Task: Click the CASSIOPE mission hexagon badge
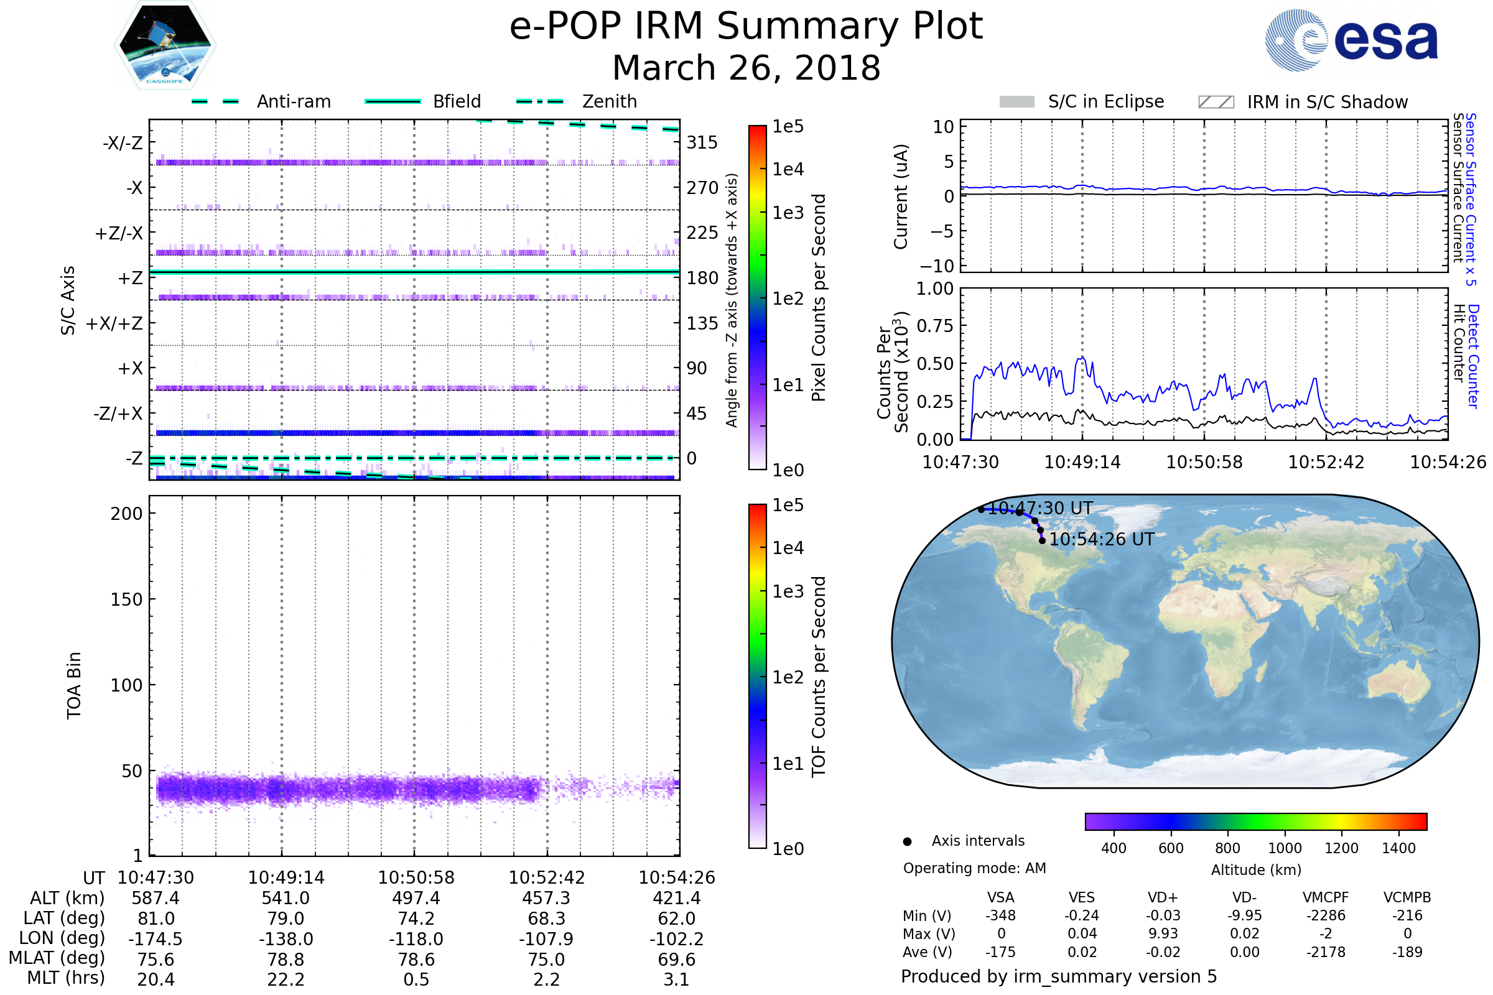(x=165, y=45)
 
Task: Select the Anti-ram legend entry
(x=293, y=101)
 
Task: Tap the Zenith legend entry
(x=609, y=101)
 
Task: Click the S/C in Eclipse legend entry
(x=1105, y=101)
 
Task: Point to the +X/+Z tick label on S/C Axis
(x=114, y=323)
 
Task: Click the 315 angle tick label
(x=702, y=142)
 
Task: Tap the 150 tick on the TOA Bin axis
(x=126, y=599)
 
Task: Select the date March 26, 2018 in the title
(x=746, y=68)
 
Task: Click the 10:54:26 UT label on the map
(x=1101, y=539)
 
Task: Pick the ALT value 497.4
(x=416, y=898)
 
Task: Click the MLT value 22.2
(x=286, y=979)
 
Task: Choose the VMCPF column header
(x=1326, y=897)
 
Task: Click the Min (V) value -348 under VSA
(x=1000, y=915)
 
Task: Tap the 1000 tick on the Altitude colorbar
(x=1284, y=848)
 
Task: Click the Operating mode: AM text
(x=974, y=868)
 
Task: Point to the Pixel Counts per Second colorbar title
(x=819, y=298)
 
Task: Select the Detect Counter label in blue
(x=1472, y=355)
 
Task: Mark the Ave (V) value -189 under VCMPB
(x=1407, y=952)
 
